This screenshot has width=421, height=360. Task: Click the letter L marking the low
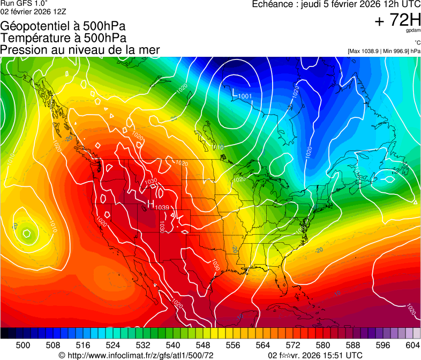pos(234,93)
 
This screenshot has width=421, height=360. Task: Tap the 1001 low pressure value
pos(245,96)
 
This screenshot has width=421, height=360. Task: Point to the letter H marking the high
pos(151,204)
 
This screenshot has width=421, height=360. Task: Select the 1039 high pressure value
pos(162,207)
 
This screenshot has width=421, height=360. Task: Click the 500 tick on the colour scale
pos(23,344)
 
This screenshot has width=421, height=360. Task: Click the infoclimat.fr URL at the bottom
pos(136,355)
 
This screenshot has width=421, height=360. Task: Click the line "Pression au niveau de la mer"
pos(80,50)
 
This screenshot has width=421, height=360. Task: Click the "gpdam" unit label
pos(413,31)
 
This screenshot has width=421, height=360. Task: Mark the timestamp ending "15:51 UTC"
pos(315,355)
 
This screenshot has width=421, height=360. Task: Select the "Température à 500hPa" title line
pos(63,38)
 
